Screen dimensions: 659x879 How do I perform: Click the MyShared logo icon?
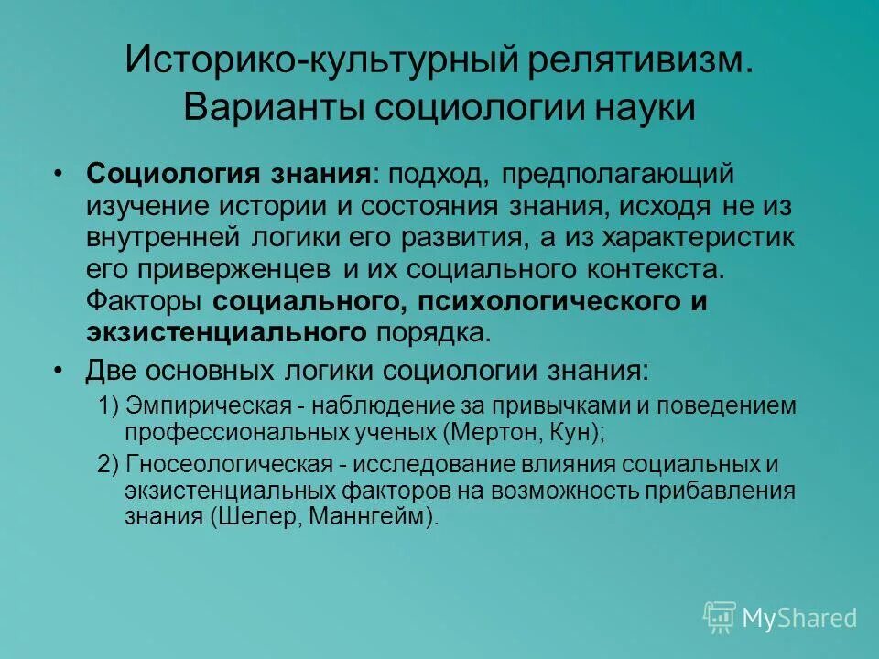click(719, 617)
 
